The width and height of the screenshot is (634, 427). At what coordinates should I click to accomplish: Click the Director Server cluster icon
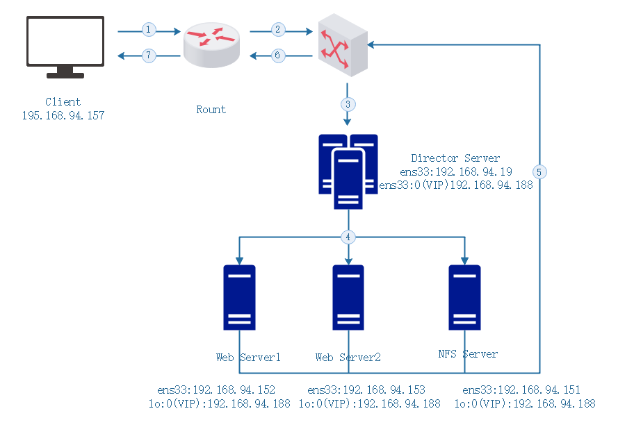[x=348, y=171]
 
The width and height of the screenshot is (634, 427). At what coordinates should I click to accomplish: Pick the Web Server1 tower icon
[x=239, y=297]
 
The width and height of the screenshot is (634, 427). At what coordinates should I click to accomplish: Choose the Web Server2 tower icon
[x=348, y=297]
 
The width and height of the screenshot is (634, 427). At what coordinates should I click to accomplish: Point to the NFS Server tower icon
[x=464, y=297]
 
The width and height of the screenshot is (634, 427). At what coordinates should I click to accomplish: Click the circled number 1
[x=148, y=30]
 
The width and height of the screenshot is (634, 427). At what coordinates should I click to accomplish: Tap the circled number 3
[x=348, y=104]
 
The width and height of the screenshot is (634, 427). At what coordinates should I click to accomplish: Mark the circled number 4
[x=348, y=237]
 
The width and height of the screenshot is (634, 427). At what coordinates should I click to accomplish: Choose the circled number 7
[x=148, y=56]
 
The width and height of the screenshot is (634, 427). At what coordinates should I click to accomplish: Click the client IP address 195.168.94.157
[x=63, y=116]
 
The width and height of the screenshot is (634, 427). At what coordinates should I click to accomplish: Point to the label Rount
[x=211, y=110]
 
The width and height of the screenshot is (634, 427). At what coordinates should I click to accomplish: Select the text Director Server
[x=455, y=158]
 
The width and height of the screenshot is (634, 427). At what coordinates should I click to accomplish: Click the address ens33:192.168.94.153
[x=366, y=390]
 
